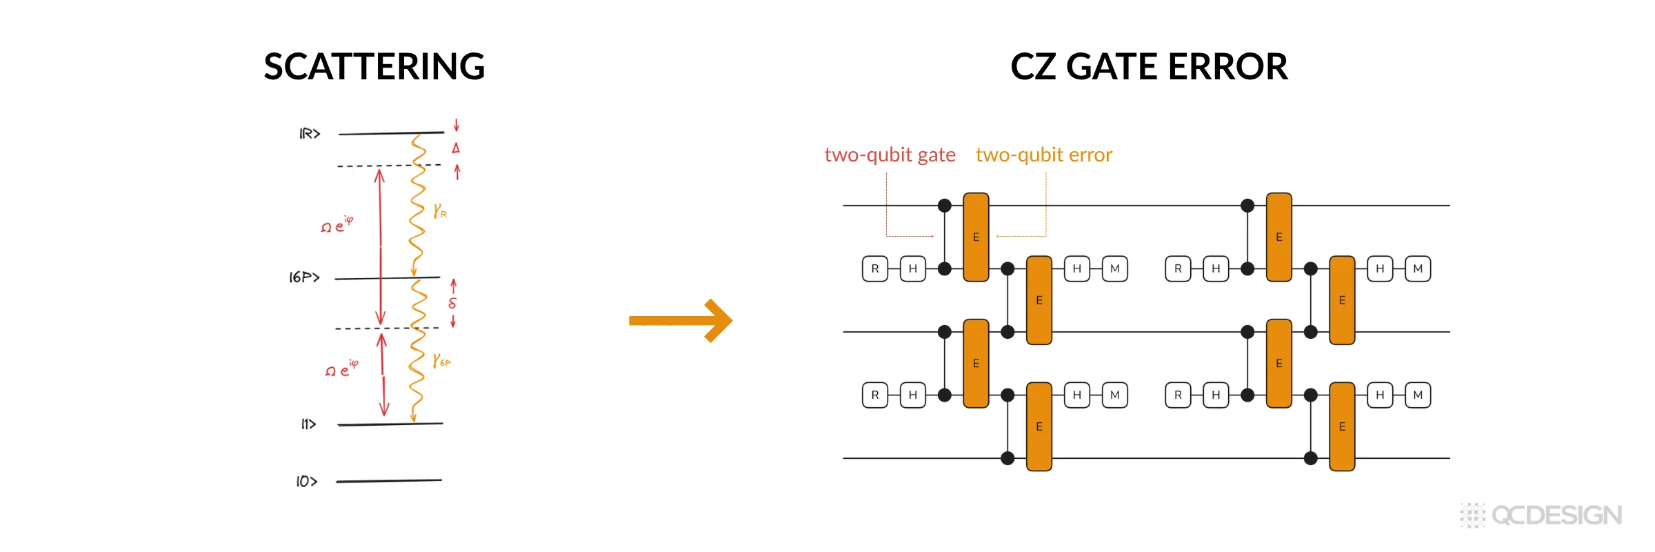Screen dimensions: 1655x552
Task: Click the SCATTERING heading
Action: pyautogui.click(x=374, y=67)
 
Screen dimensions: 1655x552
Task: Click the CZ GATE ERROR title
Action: pyautogui.click(x=1149, y=67)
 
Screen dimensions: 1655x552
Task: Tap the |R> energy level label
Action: pyautogui.click(x=310, y=133)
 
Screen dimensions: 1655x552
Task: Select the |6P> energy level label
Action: pyautogui.click(x=305, y=277)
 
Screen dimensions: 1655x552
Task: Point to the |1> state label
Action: pyautogui.click(x=308, y=424)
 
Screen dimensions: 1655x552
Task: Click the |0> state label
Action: pyautogui.click(x=307, y=482)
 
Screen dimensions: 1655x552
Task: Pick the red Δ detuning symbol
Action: pyautogui.click(x=456, y=148)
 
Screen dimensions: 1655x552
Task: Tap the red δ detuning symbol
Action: pyautogui.click(x=452, y=302)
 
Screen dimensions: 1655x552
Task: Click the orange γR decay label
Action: pyautogui.click(x=440, y=211)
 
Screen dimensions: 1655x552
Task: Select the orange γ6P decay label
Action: pyautogui.click(x=441, y=361)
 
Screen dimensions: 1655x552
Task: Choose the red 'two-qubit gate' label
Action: pyautogui.click(x=890, y=155)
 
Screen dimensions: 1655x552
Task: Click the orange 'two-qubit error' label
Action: pyautogui.click(x=1044, y=155)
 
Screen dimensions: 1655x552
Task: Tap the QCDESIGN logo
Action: pyautogui.click(x=1541, y=515)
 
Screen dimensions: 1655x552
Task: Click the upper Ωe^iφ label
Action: pyautogui.click(x=337, y=224)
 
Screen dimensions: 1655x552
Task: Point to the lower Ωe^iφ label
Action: pyautogui.click(x=342, y=368)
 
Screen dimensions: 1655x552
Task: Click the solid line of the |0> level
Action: pyautogui.click(x=389, y=481)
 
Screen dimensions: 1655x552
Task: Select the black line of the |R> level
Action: pyautogui.click(x=392, y=133)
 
